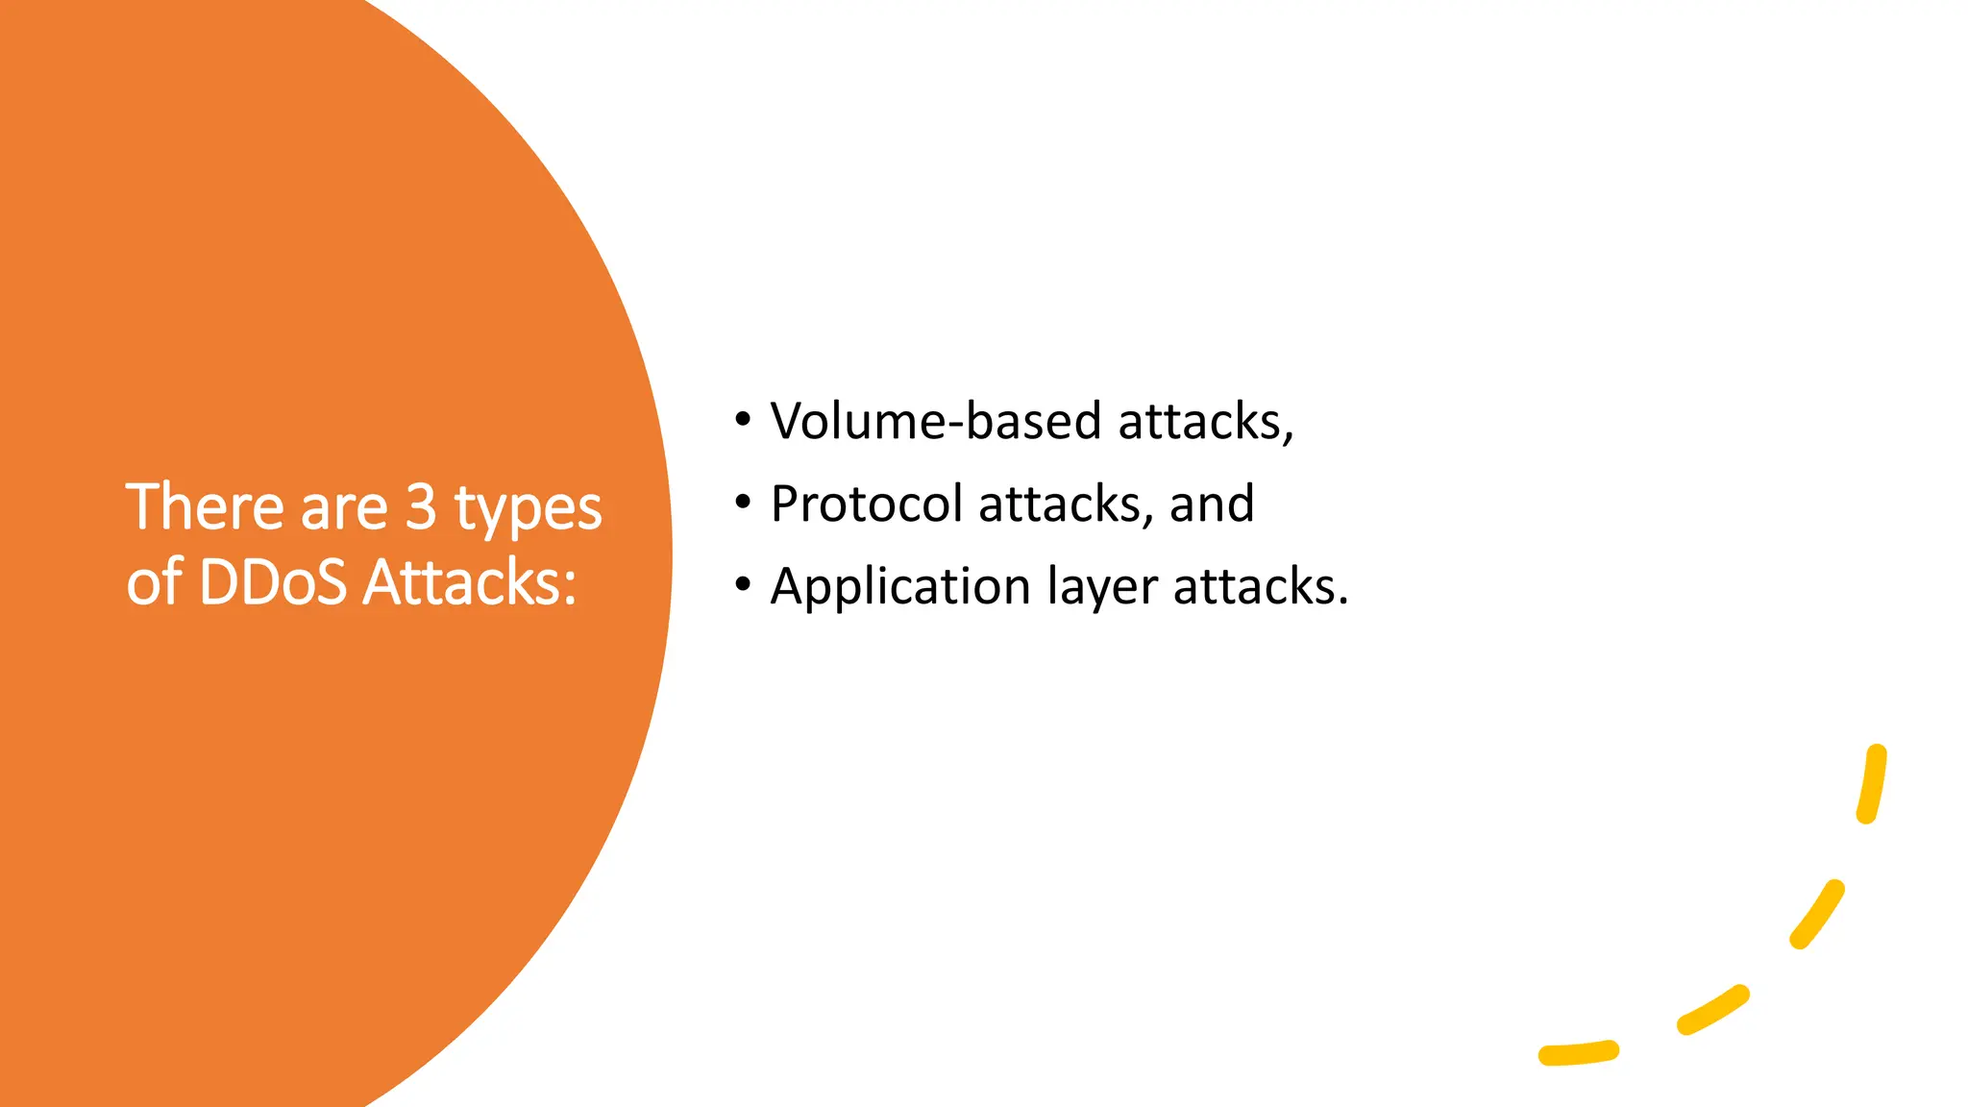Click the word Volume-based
935,422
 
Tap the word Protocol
866,504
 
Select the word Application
900,587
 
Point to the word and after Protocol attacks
1211,504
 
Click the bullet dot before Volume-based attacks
742,419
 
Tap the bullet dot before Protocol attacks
742,502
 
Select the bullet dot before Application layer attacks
742,584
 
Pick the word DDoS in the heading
272,582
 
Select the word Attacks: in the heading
470,582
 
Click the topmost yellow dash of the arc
1873,784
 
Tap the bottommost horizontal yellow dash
1579,1053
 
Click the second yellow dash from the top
1817,914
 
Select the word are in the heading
343,508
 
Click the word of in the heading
154,582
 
